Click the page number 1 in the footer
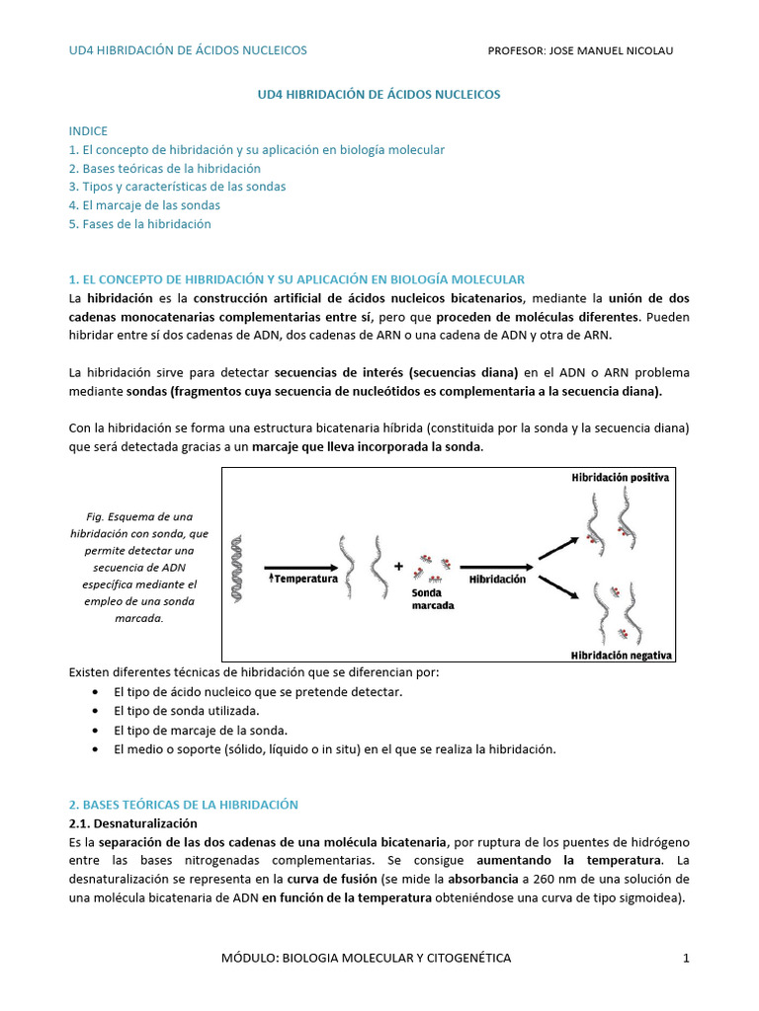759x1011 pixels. (x=685, y=958)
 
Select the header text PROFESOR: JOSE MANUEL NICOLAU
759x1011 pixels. (x=581, y=50)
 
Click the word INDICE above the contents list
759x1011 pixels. (x=88, y=131)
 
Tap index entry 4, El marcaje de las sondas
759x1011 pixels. (x=144, y=205)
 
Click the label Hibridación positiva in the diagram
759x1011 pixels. (x=621, y=477)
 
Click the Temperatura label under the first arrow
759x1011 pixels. (x=303, y=580)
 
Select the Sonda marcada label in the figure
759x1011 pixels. (x=433, y=599)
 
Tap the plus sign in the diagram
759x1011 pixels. (x=399, y=567)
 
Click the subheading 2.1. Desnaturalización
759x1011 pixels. (x=133, y=822)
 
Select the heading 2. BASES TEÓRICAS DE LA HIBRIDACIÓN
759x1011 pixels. (x=183, y=805)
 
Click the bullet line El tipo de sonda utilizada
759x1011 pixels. (x=187, y=711)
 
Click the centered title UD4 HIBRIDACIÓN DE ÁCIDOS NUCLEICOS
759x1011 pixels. (x=379, y=94)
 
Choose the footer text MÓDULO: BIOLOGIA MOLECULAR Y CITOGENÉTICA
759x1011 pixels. (x=379, y=958)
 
